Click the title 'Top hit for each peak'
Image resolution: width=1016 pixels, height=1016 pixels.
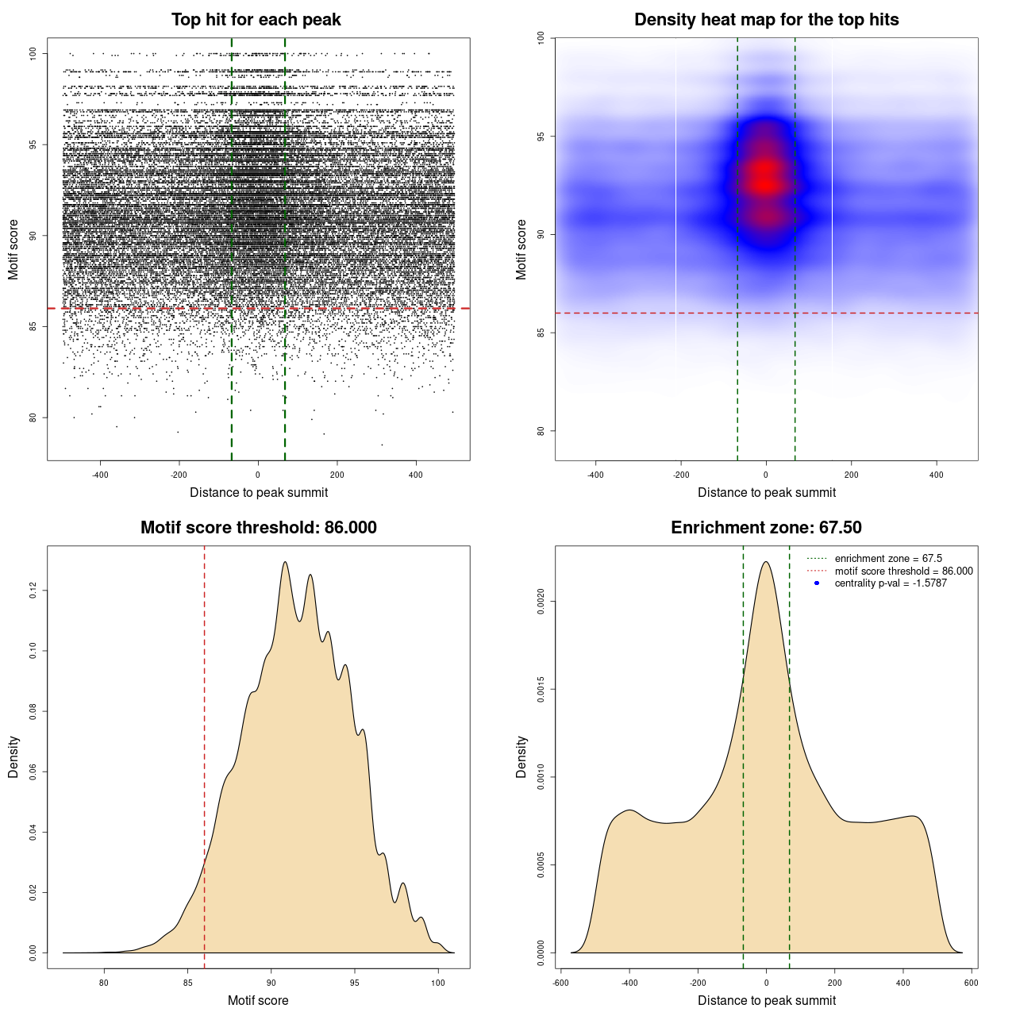256,20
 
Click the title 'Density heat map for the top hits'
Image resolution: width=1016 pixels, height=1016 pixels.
766,20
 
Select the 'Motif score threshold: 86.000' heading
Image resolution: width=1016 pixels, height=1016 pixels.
258,528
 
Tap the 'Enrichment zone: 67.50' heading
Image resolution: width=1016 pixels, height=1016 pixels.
766,528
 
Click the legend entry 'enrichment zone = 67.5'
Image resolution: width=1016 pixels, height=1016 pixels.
888,559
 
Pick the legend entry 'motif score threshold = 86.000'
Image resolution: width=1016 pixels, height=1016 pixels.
903,571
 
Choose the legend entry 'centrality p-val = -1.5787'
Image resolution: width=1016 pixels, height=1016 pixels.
891,583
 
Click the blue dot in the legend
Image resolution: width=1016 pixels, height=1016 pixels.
817,583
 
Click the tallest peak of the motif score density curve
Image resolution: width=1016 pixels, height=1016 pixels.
284,563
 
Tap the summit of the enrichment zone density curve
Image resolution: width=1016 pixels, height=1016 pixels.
766,562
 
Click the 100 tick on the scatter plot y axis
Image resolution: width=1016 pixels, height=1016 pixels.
33,53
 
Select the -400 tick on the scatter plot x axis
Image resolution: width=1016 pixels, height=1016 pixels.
100,475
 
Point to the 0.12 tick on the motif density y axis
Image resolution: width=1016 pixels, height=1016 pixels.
33,591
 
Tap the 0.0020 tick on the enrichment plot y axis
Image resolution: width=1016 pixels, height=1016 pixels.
541,602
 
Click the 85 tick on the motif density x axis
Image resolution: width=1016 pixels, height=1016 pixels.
187,983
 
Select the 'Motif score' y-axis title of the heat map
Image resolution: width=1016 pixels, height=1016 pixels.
521,249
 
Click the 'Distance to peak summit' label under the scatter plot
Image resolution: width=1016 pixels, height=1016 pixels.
259,492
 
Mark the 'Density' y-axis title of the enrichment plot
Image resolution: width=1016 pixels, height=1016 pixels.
521,756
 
